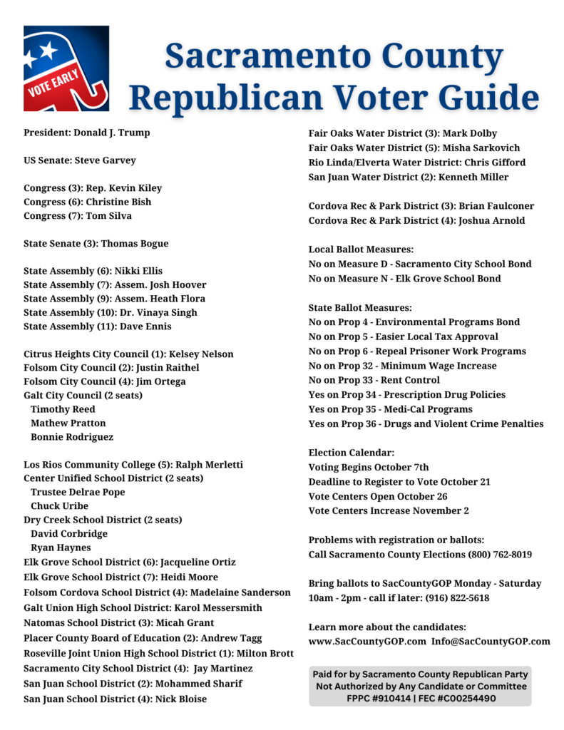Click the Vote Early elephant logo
66,68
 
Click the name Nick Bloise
181,699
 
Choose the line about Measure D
419,264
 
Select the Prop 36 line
426,424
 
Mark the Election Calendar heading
351,453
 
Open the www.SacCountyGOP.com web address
367,642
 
